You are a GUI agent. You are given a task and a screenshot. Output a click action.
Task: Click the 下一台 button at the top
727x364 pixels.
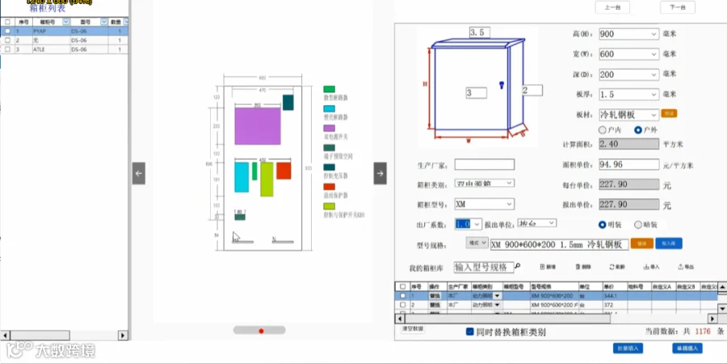[x=677, y=7]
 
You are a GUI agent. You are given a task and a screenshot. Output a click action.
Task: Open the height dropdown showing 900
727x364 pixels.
[x=628, y=34]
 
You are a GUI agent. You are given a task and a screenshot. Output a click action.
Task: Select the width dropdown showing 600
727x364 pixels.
[x=628, y=54]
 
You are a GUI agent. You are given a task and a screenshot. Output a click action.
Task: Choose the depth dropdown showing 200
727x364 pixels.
[x=628, y=74]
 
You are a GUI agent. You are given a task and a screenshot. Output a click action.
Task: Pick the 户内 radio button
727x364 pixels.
[x=603, y=129]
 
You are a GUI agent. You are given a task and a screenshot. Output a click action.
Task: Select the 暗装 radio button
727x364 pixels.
[x=640, y=224]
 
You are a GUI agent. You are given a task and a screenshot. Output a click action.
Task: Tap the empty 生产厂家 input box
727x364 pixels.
[x=484, y=164]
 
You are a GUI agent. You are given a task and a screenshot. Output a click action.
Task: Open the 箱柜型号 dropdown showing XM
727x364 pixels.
[x=484, y=204]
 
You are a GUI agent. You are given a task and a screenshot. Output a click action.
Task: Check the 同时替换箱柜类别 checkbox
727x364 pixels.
[x=470, y=332]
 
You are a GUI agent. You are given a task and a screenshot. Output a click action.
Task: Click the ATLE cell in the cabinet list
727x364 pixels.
[x=40, y=49]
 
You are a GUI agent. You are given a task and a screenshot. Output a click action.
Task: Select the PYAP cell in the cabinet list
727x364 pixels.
[x=40, y=32]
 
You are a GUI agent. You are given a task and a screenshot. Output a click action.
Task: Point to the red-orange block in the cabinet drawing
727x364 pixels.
[x=284, y=171]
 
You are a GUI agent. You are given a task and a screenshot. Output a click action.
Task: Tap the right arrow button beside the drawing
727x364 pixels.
[x=380, y=173]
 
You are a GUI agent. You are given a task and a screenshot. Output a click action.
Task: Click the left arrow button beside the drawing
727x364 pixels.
[x=139, y=173]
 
